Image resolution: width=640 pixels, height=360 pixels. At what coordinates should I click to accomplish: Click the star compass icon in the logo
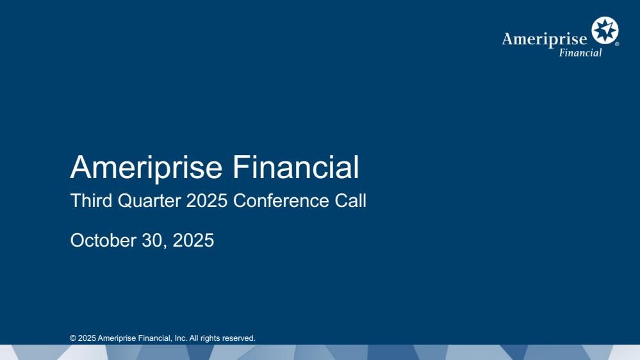605,30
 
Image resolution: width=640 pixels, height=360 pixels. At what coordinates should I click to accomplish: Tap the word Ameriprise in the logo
545,39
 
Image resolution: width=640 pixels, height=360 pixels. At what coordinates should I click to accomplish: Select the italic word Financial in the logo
580,53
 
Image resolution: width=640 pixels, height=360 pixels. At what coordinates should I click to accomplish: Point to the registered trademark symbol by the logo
617,44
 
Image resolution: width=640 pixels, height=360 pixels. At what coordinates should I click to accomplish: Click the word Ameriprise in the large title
146,167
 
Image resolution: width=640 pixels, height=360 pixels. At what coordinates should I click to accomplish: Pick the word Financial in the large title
295,167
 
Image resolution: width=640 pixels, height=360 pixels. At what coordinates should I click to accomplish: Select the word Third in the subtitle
91,200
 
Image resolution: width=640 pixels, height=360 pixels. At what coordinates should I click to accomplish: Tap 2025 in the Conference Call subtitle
206,200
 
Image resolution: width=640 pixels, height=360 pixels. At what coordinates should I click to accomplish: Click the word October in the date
103,240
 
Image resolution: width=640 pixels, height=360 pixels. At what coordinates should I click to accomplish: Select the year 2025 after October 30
193,240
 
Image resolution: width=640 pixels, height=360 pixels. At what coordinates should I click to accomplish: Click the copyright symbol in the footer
73,338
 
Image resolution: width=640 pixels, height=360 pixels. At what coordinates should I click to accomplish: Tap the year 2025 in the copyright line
87,338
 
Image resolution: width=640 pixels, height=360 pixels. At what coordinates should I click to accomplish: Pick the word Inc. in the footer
181,338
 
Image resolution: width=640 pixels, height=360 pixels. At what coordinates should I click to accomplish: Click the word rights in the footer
210,338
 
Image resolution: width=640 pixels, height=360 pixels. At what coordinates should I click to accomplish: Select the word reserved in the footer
239,338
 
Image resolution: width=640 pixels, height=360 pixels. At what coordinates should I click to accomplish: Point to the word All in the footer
194,338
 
